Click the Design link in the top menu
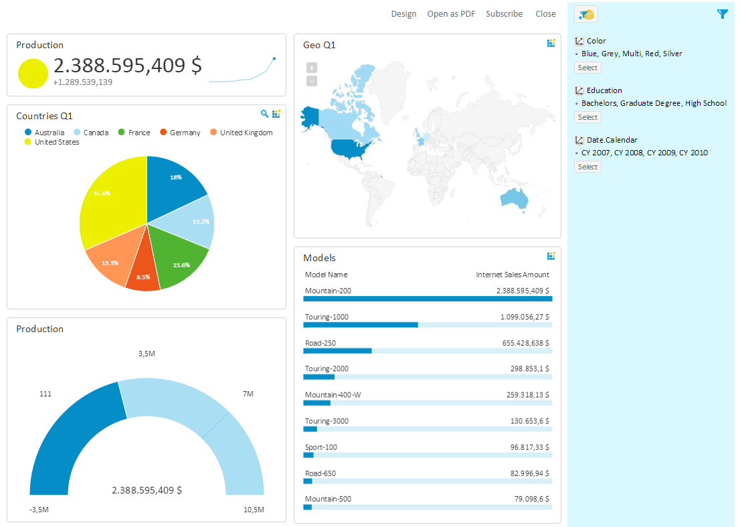click(x=403, y=13)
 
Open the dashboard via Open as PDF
click(x=451, y=13)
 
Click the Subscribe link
click(x=504, y=13)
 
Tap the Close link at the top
click(x=545, y=13)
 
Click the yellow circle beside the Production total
click(x=33, y=73)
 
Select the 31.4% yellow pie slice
click(x=107, y=198)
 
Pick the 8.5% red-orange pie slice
click(x=143, y=271)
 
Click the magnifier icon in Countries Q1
click(x=264, y=114)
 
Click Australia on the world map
click(x=514, y=198)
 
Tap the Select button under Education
click(x=587, y=117)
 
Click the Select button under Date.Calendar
click(x=587, y=167)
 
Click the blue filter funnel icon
click(x=722, y=14)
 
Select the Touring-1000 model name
click(x=327, y=317)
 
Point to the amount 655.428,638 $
click(x=526, y=343)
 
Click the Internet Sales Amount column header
click(x=512, y=275)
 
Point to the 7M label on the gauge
click(x=248, y=394)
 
